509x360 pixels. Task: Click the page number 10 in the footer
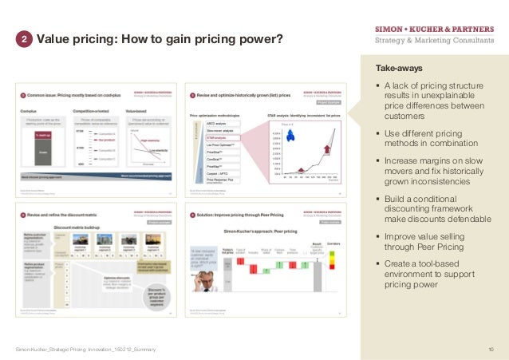tap(490, 350)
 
